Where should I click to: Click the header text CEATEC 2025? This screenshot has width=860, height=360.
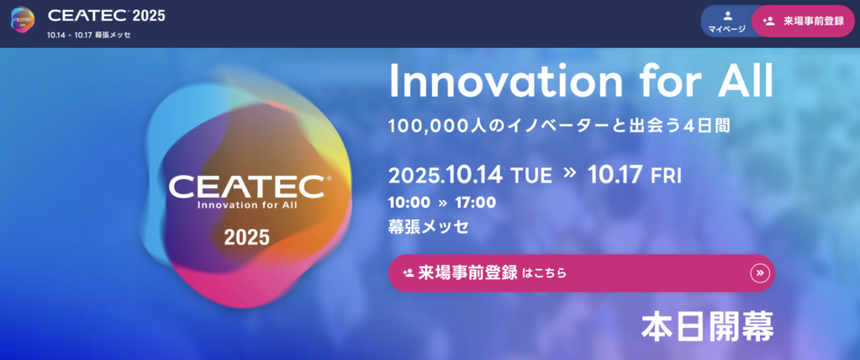coord(107,15)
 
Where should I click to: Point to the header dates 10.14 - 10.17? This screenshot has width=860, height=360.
coord(69,35)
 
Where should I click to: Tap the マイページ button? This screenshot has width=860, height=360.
coord(726,22)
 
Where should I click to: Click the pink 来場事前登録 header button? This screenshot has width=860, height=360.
coord(803,21)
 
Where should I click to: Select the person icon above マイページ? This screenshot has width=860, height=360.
coord(727,15)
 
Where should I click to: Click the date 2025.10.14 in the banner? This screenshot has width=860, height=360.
coord(446,175)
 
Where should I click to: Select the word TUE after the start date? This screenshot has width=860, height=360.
coord(531,176)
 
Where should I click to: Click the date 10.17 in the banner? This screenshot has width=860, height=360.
coord(615,175)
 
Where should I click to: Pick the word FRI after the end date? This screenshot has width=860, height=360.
coord(666,176)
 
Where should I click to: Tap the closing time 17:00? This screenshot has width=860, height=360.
coord(475,203)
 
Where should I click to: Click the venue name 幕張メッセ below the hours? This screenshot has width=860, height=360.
coord(429,226)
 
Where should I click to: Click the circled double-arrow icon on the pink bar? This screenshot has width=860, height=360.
coord(760,273)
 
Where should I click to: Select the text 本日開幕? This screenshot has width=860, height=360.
coord(708,328)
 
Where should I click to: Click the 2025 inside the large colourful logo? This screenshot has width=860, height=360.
coord(247,238)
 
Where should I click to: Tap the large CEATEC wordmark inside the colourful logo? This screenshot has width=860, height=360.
coord(246,187)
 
